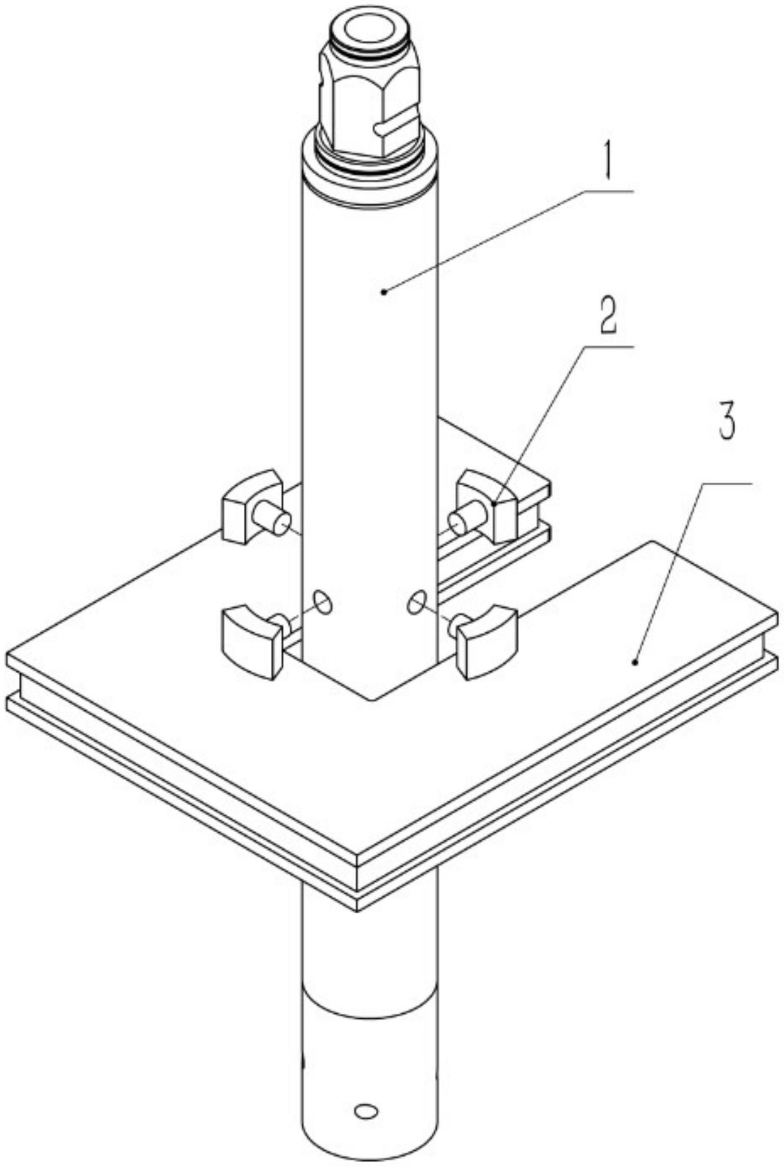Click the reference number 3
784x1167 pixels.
726,421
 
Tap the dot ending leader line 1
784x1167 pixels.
383,292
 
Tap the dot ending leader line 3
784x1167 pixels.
636,661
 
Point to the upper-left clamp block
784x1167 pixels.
251,506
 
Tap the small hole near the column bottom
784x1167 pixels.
366,1110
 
